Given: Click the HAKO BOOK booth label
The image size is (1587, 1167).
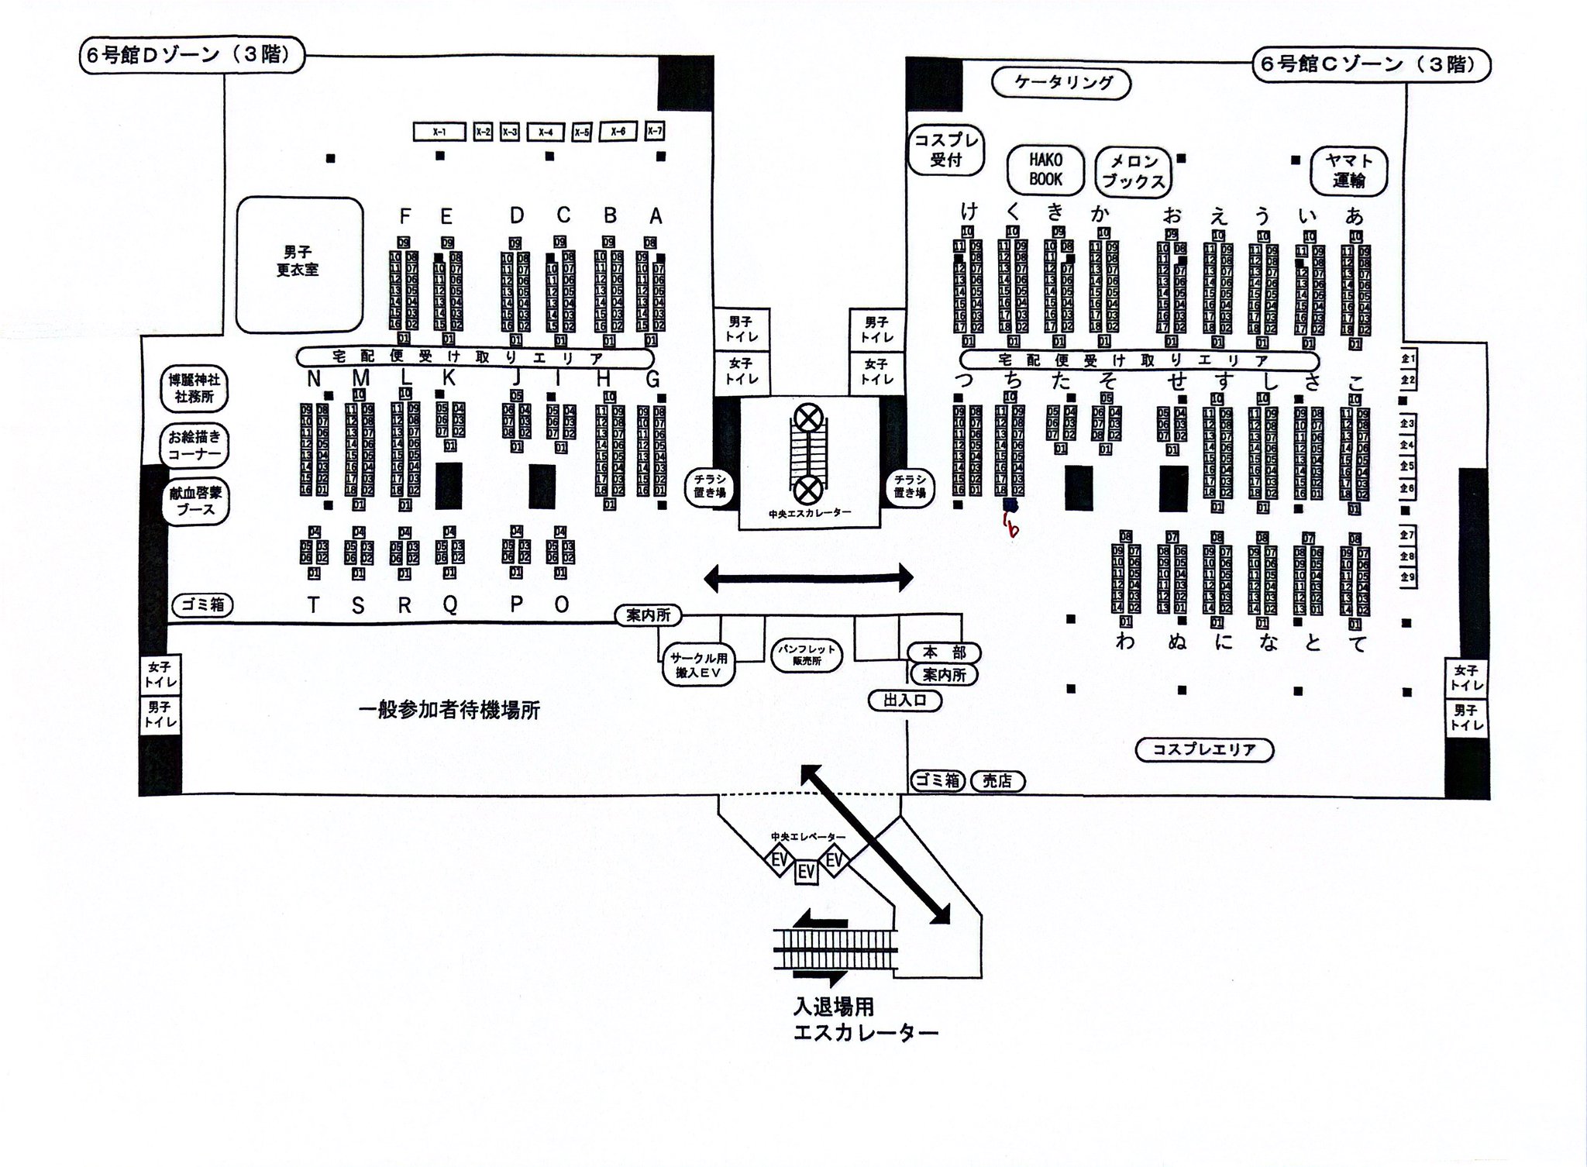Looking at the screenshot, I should click(x=1045, y=170).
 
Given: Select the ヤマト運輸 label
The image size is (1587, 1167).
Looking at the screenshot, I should click(x=1349, y=170).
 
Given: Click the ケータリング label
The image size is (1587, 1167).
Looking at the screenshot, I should click(x=1064, y=82).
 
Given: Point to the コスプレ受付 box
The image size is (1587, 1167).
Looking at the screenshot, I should click(x=945, y=150).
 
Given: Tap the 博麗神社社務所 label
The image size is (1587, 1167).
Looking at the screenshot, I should click(x=195, y=388).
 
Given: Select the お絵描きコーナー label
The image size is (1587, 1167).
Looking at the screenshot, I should click(x=195, y=445).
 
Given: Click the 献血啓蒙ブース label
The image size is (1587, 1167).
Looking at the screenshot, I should click(x=195, y=501).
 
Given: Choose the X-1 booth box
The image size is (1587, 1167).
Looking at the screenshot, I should click(x=439, y=133).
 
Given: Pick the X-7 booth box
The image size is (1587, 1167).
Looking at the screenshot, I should click(x=655, y=132).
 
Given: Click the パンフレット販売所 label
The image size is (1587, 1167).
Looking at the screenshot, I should click(x=807, y=656).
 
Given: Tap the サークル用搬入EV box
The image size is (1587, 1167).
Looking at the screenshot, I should click(x=699, y=665).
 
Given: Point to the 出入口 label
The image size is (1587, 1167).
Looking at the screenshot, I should click(x=905, y=701).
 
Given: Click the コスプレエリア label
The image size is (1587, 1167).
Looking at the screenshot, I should click(x=1203, y=749).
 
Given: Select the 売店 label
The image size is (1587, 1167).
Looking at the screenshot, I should click(x=997, y=781).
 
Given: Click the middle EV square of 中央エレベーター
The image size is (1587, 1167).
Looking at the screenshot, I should click(x=807, y=873).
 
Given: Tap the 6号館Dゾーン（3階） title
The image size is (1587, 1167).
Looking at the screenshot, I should click(x=191, y=57).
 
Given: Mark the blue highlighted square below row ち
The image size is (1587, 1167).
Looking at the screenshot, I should click(x=1010, y=504).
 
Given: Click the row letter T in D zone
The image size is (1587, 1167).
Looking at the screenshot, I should click(x=313, y=605).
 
